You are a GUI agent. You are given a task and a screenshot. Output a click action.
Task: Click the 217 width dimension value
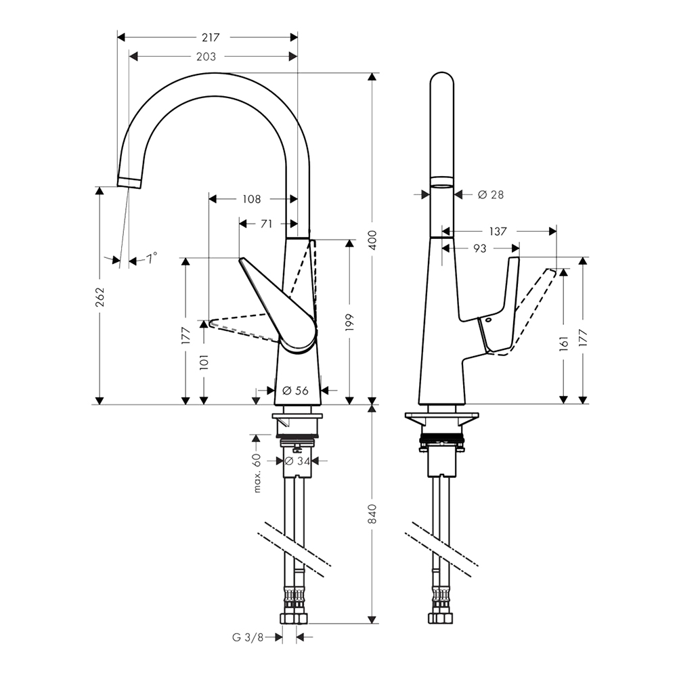pos(211,37)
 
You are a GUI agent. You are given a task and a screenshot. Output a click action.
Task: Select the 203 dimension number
pos(206,57)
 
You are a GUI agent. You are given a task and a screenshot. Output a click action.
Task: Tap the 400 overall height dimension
pos(373,240)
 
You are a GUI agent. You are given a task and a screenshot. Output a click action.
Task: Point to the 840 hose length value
pos(373,514)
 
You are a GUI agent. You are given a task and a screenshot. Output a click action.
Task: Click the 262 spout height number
pos(100,297)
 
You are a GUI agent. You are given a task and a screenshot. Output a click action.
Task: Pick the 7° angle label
pos(151,259)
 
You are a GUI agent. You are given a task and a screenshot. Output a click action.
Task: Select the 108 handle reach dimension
pos(252,199)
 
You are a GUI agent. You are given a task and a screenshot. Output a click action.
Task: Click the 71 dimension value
pos(267,223)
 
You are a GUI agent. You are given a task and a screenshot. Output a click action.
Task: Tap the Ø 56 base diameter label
pos(295,391)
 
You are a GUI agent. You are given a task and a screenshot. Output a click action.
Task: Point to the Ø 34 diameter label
pos(298,461)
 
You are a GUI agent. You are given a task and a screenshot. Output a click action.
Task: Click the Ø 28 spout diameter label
pos(491,195)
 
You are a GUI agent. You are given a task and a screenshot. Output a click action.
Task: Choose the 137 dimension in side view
pos(498,232)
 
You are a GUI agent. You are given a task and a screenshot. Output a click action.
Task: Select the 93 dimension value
pos(480,248)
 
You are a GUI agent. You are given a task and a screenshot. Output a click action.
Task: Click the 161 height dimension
pos(564,344)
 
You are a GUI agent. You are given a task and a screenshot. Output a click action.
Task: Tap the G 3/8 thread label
pos(248,637)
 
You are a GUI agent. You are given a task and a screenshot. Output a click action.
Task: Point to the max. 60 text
pos(257,473)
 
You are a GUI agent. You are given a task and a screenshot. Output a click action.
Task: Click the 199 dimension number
pos(350,322)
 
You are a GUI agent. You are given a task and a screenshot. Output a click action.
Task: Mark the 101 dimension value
pos(204,362)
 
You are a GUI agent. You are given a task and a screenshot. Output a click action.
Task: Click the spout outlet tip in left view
pos(129,182)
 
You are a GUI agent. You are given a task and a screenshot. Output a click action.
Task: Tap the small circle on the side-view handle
pos(487,320)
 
